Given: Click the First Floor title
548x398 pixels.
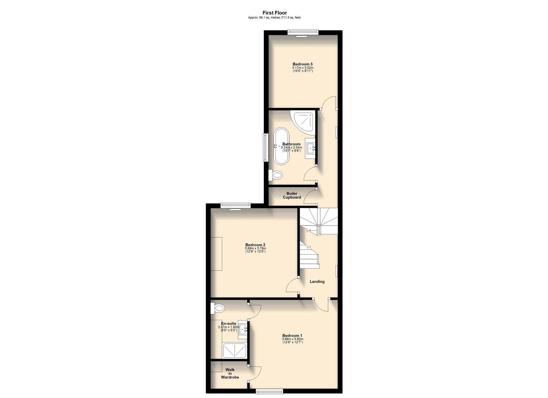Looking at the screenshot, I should [x=275, y=13].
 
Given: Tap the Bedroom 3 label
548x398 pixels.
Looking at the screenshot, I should [x=303, y=64].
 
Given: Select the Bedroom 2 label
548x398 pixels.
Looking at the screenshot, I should [x=255, y=245].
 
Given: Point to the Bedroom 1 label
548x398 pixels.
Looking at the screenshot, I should [x=293, y=335].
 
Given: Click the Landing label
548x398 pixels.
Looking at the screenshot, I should [x=317, y=282].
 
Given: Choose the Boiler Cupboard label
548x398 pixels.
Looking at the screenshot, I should [x=292, y=195].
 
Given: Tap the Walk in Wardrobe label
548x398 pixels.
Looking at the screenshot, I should [x=230, y=373].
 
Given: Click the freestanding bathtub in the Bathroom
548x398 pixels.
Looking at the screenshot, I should [x=281, y=146].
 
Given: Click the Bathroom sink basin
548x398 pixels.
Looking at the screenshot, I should [x=311, y=148].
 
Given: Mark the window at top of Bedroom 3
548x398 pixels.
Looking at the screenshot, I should [x=303, y=32].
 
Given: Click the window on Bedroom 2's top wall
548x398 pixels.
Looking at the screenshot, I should [x=235, y=206].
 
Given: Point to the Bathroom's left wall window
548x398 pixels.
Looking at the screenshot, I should [x=265, y=147].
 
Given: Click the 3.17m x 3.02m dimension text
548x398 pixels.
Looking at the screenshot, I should [x=303, y=68].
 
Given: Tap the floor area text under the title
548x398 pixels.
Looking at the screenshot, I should [x=275, y=18].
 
